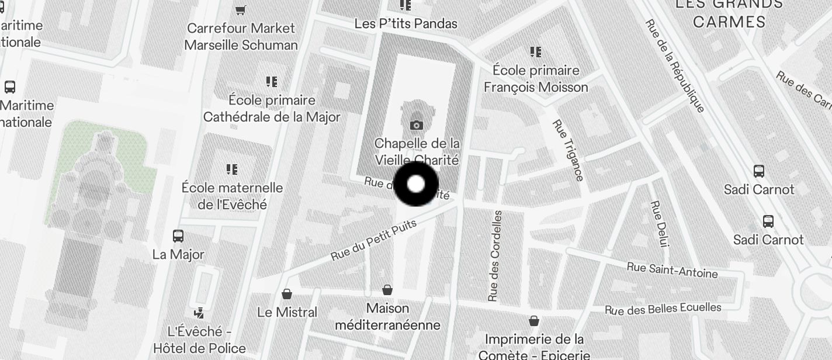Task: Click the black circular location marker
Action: tap(416, 184)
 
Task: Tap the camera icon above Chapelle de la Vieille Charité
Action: tap(417, 125)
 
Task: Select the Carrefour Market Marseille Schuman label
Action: tap(241, 36)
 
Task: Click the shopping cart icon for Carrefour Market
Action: tap(240, 10)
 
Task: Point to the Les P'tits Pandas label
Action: tap(405, 23)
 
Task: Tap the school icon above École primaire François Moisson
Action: tap(535, 53)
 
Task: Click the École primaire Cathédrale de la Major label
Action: tap(272, 108)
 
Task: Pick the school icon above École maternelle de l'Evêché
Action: tap(232, 169)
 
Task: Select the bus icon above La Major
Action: tap(178, 236)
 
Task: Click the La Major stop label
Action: tap(178, 254)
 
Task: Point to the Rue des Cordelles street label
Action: tap(495, 256)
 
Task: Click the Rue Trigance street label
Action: tap(568, 150)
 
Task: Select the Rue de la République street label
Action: tap(675, 65)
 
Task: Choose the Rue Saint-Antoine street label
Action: tap(672, 270)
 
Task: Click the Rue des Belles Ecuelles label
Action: tap(663, 309)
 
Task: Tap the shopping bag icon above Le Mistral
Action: tap(287, 293)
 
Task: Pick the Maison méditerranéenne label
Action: tap(387, 316)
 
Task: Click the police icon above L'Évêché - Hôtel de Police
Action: tap(199, 313)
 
